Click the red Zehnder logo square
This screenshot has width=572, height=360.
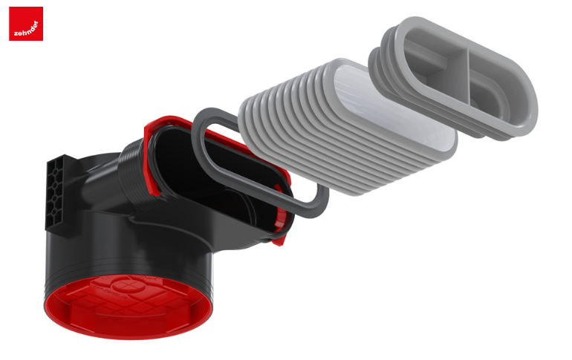tap(26, 24)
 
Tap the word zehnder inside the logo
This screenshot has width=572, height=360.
tap(26, 29)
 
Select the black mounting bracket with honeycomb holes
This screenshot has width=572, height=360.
tap(58, 194)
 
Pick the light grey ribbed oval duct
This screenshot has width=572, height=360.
tap(347, 128)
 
